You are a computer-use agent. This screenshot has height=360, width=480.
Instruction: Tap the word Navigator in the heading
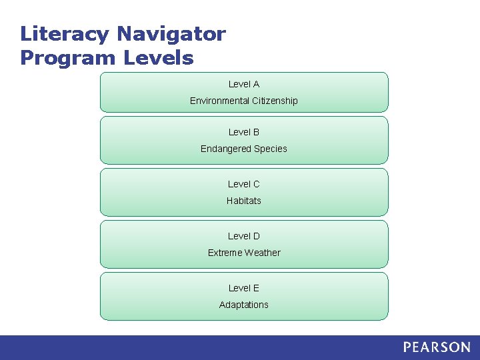pos(172,34)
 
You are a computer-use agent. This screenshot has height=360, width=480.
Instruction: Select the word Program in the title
pos(67,58)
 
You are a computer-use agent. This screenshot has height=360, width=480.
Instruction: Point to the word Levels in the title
pos(158,58)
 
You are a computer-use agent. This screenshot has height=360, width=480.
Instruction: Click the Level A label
pos(244,84)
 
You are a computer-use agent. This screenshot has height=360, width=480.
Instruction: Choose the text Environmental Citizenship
pos(244,101)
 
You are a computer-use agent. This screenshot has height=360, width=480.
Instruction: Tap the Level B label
pos(244,132)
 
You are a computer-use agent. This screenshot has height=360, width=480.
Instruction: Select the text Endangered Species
pos(244,149)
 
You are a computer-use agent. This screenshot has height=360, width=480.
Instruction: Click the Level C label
pos(244,184)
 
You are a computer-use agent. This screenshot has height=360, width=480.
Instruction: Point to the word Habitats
pos(244,201)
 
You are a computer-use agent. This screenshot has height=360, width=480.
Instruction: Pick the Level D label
pos(244,236)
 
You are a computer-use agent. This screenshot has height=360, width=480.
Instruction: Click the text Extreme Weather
pos(244,253)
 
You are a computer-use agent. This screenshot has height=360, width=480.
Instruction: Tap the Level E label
pos(244,288)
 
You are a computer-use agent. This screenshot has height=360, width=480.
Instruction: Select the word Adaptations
pos(244,305)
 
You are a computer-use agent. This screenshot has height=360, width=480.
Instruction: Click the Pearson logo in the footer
pos(437,347)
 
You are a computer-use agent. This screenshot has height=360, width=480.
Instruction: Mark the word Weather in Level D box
pos(263,253)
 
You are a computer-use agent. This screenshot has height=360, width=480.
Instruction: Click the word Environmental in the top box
pos(220,101)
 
